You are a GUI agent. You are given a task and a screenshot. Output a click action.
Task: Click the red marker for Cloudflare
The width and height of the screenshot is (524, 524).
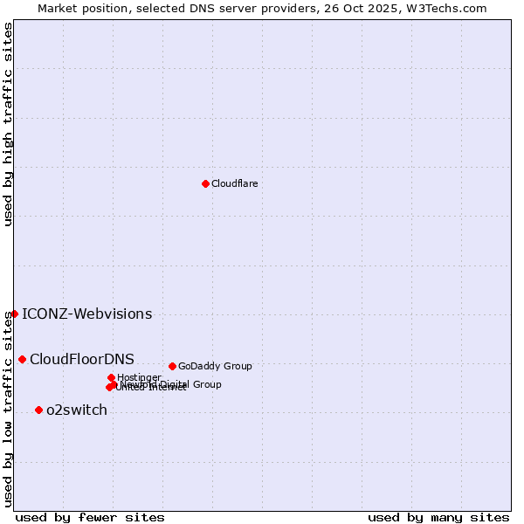pos(205,183)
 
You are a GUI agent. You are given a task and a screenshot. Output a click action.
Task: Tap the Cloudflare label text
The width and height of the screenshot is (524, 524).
pos(234,183)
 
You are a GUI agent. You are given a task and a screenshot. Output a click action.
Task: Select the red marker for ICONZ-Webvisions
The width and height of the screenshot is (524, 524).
pos(15,314)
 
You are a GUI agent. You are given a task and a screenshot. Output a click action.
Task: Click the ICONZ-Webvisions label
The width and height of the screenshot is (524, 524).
pos(86,314)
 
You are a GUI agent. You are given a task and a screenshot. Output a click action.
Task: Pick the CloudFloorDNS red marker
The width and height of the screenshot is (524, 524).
pos(22,359)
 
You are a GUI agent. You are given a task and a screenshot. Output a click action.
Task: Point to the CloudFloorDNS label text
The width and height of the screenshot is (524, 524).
pos(82,360)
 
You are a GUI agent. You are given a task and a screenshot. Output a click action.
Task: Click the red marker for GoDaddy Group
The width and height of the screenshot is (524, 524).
pos(172,366)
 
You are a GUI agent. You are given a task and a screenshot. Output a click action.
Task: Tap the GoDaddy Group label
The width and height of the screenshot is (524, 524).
pos(215,366)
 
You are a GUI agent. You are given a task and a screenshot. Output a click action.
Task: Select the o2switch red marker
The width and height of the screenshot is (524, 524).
pos(38,410)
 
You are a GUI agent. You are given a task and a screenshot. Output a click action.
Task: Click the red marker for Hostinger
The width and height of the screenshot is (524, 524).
pos(111,377)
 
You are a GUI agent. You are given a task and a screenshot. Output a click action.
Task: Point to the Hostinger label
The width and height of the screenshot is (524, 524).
pos(139,377)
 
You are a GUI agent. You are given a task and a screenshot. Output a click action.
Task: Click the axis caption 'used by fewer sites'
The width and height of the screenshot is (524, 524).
pos(90,517)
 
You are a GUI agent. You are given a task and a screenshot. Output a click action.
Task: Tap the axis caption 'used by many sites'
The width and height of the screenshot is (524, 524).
pos(438,517)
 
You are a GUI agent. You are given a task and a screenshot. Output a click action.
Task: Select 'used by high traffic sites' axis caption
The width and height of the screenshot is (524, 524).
pos(9,124)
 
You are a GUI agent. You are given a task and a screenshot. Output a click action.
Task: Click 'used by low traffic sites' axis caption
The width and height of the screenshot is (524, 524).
pos(9,409)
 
